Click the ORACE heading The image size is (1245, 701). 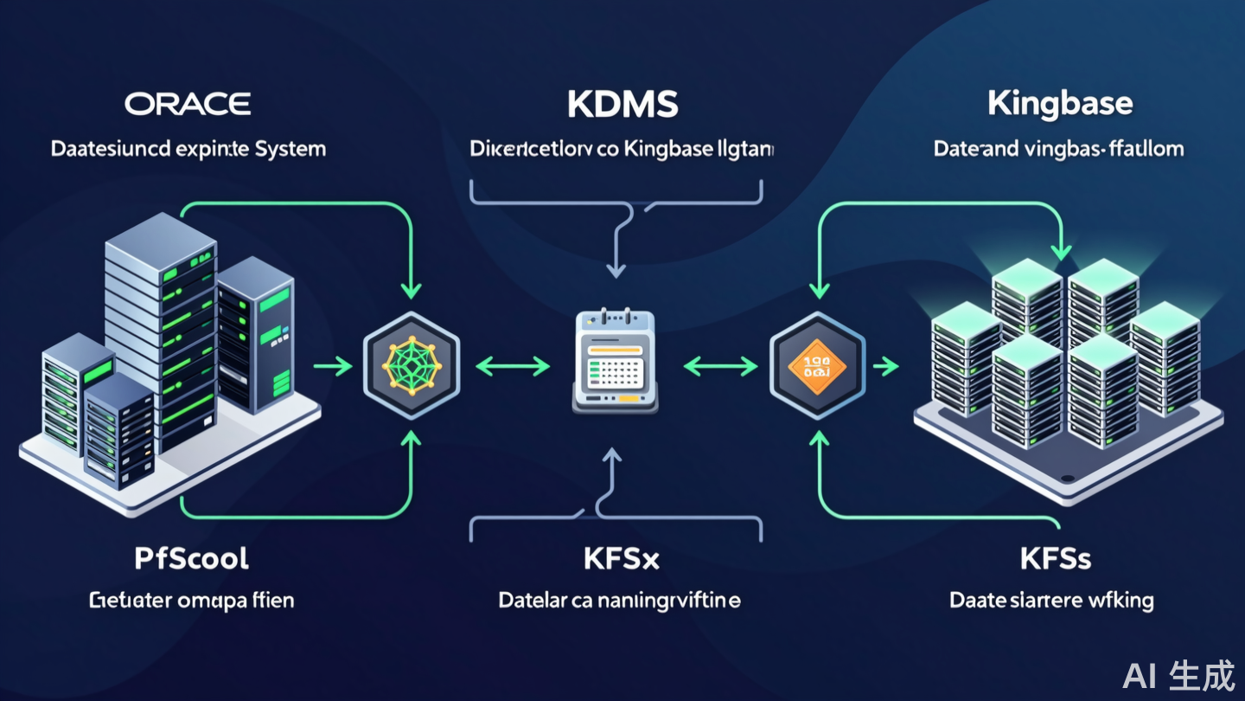(x=188, y=105)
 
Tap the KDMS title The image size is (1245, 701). (x=622, y=105)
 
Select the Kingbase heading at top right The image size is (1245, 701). (x=1059, y=104)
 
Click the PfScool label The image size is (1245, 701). (x=191, y=558)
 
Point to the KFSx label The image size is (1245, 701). (x=622, y=559)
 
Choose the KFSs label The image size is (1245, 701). (x=1055, y=559)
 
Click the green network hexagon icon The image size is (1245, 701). (x=412, y=366)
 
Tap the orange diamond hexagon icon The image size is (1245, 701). (x=816, y=366)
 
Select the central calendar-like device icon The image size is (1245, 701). (x=615, y=363)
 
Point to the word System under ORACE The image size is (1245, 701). (x=290, y=149)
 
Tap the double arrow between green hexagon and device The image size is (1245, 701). (x=513, y=367)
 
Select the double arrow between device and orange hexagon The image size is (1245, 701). (x=719, y=367)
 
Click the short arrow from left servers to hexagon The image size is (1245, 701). (x=332, y=367)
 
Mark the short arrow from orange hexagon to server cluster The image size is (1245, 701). (x=885, y=367)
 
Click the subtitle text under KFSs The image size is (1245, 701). (x=1051, y=600)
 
